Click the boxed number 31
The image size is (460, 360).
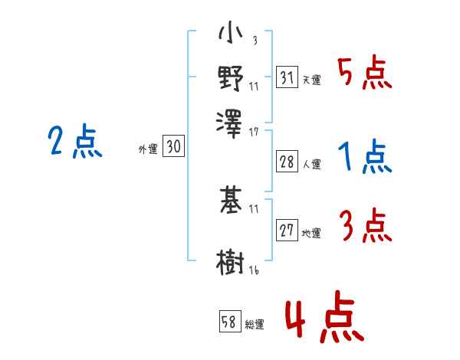click(287, 77)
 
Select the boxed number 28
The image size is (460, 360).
click(287, 162)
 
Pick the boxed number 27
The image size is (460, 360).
click(287, 231)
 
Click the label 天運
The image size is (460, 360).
click(311, 80)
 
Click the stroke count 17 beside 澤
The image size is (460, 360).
click(254, 133)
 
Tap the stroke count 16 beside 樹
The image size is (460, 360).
click(254, 270)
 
